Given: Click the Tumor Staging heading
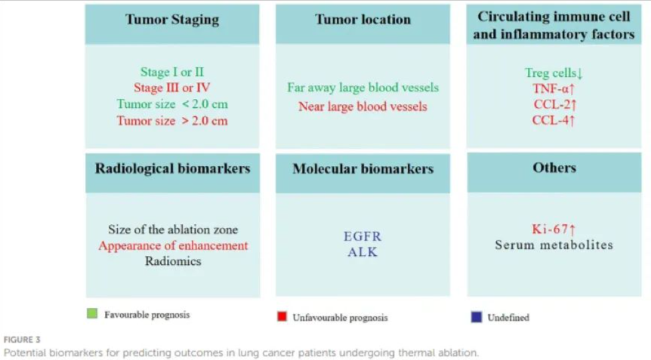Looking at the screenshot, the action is pos(172,20).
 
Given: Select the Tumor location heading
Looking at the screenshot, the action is pos(363,20).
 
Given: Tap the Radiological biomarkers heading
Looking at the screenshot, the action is pos(173,169).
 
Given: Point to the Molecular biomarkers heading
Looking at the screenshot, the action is pos(363,169).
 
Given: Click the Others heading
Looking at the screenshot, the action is pos(554,168).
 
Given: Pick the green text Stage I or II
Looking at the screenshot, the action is pos(172,72).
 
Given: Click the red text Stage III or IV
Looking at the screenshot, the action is pos(172,88).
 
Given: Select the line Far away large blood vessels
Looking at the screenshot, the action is pos(363,88).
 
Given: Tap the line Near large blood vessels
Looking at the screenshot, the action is pos(363,106).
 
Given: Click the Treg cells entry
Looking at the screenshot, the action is pos(554,73).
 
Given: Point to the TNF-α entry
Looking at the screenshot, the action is pos(554,89).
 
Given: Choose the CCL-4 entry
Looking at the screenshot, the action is pos(554,120).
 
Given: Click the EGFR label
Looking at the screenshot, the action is pos(363,236).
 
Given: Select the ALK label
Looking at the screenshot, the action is pos(363,252).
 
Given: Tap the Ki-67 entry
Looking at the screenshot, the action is pos(554,229).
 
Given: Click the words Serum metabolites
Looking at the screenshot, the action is pos(554,245).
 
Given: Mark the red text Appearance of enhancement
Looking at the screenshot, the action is pos(173,245).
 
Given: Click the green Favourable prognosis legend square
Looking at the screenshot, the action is pos(92,313).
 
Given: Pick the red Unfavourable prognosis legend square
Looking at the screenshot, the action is pos(282,316).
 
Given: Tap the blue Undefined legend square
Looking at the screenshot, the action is pos(477,317).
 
